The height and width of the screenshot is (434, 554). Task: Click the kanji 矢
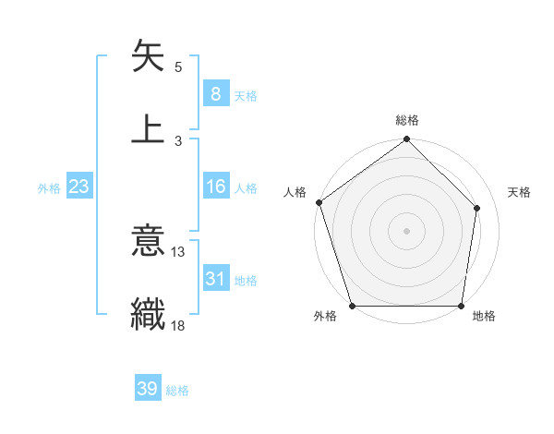(149, 56)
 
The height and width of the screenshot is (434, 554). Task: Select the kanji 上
(149, 128)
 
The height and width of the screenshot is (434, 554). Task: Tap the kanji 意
(149, 241)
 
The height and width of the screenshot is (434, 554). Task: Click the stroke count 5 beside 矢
(177, 67)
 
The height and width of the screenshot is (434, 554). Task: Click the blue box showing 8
(215, 94)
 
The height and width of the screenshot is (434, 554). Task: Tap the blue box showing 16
(215, 187)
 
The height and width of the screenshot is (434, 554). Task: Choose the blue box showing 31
(215, 279)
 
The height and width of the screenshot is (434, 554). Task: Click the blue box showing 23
(78, 187)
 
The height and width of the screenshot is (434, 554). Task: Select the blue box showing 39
(147, 390)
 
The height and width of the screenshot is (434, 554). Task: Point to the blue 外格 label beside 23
(49, 188)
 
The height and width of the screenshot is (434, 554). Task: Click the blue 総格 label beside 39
(177, 391)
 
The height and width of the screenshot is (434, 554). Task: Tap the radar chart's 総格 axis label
(407, 120)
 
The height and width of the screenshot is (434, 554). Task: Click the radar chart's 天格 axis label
(520, 192)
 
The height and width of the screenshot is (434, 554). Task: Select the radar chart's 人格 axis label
(295, 192)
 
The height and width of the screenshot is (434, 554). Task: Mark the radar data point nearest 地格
(462, 306)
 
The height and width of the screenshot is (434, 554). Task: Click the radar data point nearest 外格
(352, 306)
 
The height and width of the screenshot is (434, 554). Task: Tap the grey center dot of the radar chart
(407, 230)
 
